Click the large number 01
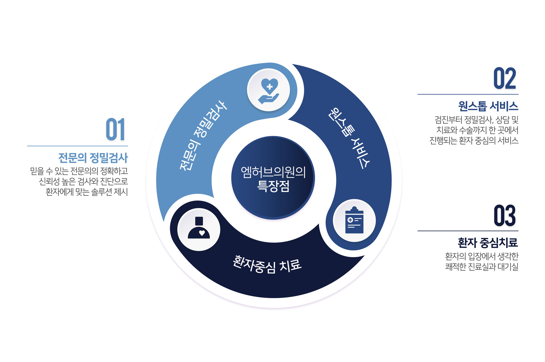[x=115, y=129]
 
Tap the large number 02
[x=505, y=78]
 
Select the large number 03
[x=505, y=215]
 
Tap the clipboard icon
[x=354, y=220]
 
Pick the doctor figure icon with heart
[x=199, y=228]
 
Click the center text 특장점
[x=273, y=186]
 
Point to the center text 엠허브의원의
[x=273, y=172]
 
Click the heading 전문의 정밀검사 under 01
[x=93, y=158]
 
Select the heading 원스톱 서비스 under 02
[x=488, y=106]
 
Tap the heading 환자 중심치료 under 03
[x=488, y=243]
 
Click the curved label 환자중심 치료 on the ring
[x=267, y=264]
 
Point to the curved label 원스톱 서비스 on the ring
[x=349, y=138]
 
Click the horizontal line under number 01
[x=78, y=146]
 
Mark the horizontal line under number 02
[x=468, y=94]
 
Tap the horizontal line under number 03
[x=468, y=231]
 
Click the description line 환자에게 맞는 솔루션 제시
[x=87, y=192]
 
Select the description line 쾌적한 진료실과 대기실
[x=482, y=267]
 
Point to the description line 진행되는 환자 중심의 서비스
[x=474, y=141]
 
